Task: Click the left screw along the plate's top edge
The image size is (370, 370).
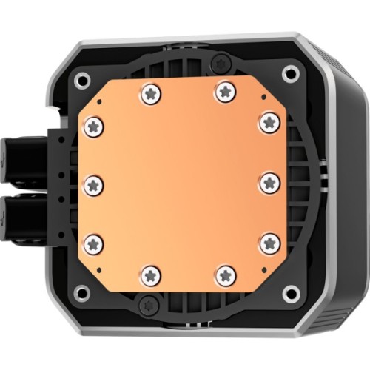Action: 150,92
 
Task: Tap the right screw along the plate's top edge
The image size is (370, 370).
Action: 223,92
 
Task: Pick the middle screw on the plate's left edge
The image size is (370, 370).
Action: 94,184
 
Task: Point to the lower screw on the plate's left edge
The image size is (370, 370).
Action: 94,243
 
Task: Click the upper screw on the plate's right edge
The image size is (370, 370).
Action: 269,121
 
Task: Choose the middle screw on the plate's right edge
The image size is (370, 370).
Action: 269,182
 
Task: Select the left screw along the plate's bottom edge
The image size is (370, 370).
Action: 150,276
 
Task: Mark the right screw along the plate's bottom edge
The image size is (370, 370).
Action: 224,276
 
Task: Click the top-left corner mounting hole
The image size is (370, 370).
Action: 83,78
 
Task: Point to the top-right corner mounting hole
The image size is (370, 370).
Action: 291,73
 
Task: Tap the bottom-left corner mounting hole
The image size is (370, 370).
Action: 83,293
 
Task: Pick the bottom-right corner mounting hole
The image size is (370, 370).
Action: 291,293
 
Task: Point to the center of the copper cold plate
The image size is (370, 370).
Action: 182,184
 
